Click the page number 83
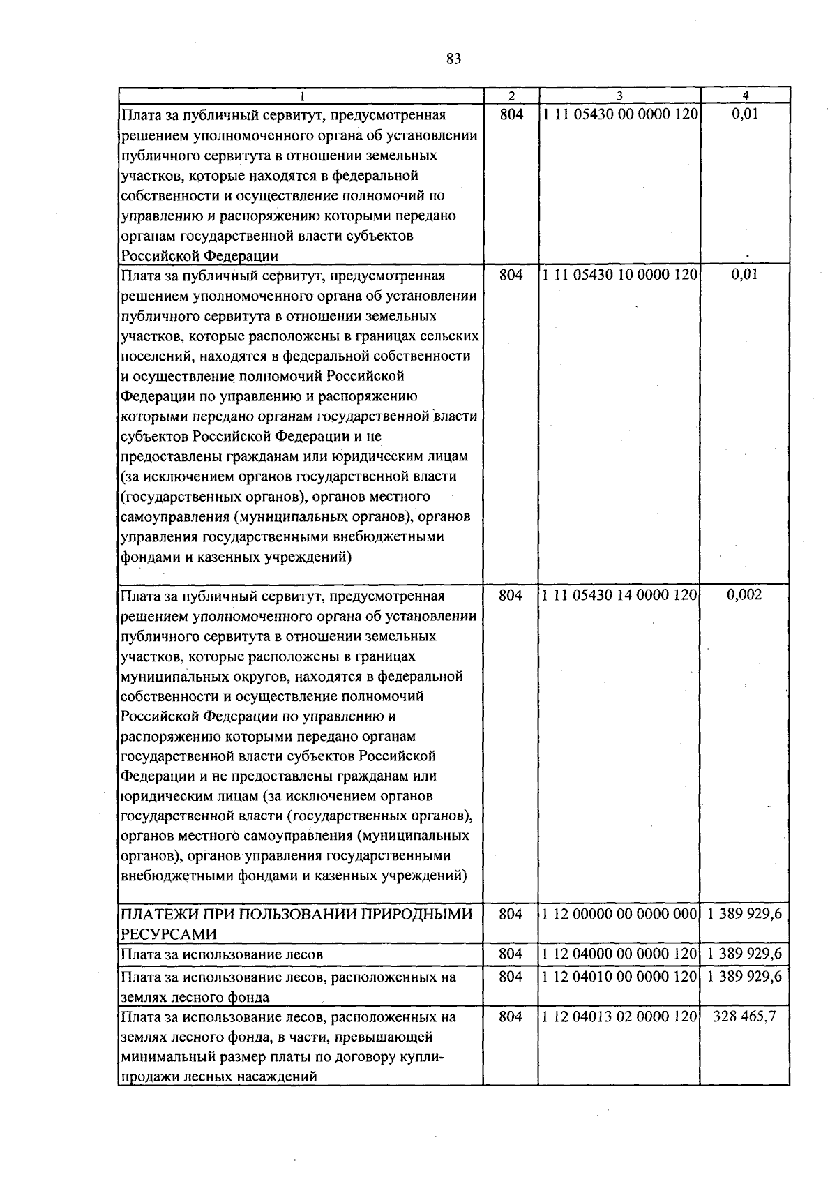point(453,59)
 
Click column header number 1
point(301,96)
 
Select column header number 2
point(511,96)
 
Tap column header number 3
point(619,96)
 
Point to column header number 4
point(745,96)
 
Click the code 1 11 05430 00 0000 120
point(619,114)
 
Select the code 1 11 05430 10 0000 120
point(619,275)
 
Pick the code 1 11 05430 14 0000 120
point(619,595)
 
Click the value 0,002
point(744,595)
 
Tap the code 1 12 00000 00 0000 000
point(619,915)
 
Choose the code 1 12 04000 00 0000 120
point(619,954)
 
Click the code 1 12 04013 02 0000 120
point(619,1017)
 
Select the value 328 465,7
point(744,1017)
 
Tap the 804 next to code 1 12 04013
point(511,1017)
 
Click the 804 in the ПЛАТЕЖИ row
point(511,915)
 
